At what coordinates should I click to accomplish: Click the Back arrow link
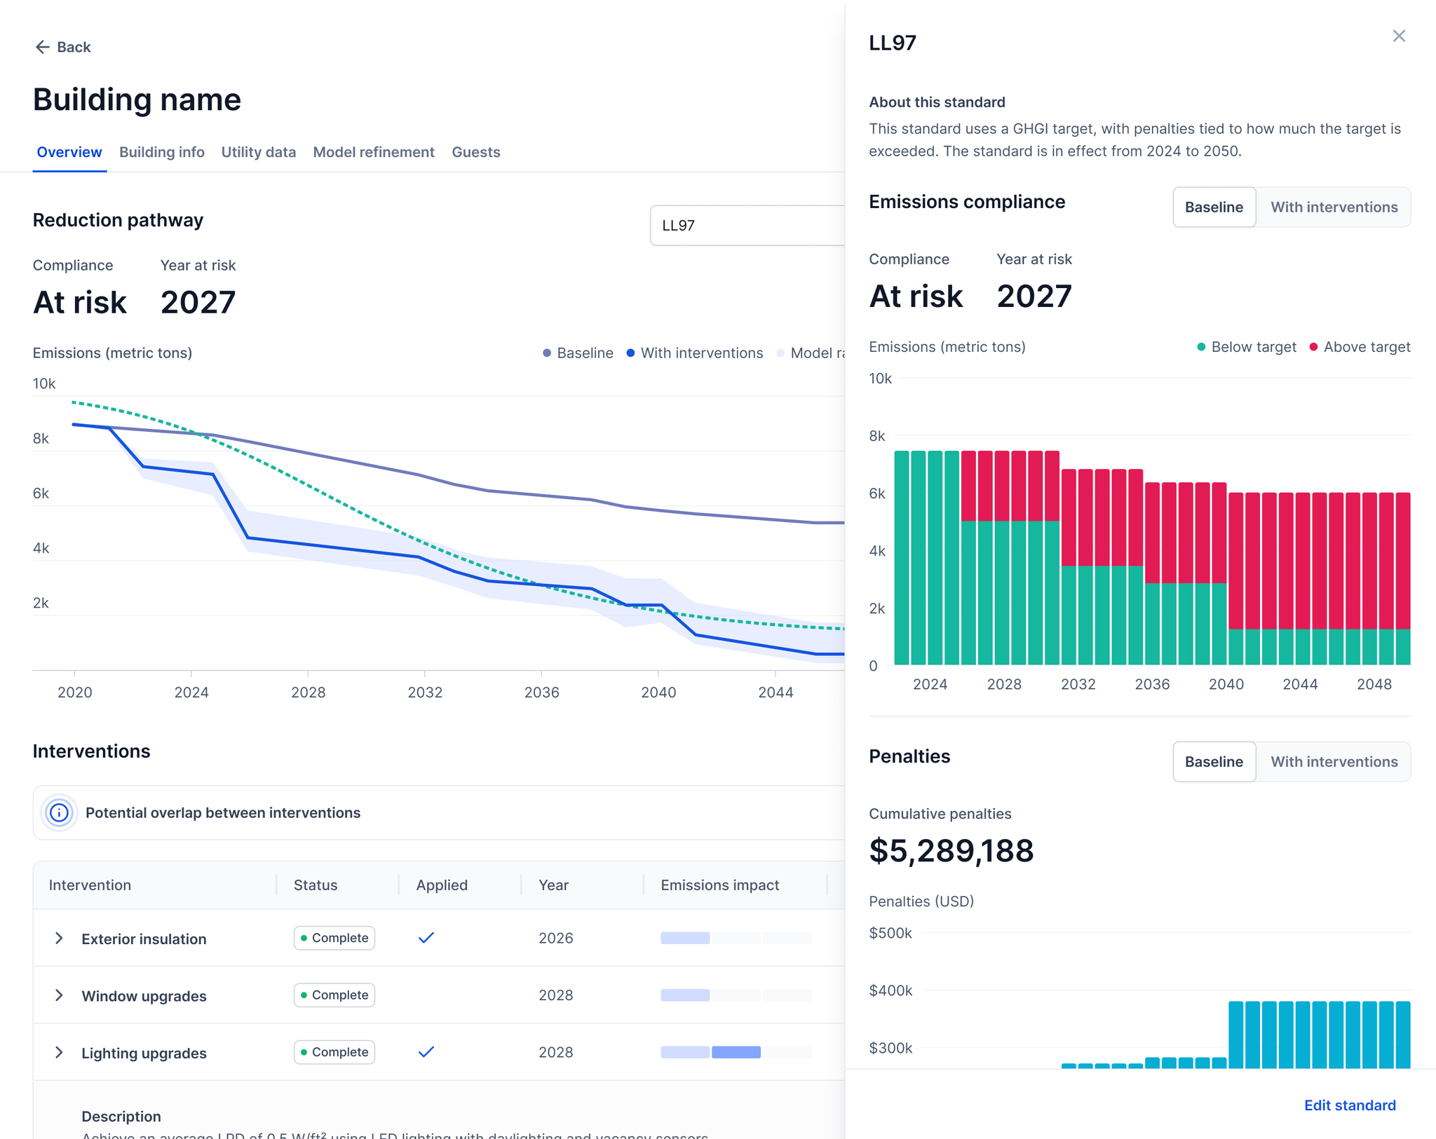[62, 47]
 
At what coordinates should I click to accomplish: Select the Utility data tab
[258, 152]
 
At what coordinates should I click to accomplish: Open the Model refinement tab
[373, 152]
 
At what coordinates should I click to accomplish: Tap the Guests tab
[475, 152]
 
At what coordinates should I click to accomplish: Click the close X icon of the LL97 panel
[1399, 36]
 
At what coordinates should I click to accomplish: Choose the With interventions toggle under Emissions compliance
[1334, 207]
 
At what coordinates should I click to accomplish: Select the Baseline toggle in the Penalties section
[1214, 762]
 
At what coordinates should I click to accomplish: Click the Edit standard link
[1349, 1105]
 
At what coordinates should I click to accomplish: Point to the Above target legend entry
[1360, 347]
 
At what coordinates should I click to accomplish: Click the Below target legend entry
[1247, 347]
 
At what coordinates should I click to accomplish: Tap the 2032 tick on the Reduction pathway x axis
[425, 693]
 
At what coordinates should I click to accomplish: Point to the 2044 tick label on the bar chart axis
[1300, 684]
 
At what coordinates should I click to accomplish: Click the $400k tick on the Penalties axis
[890, 990]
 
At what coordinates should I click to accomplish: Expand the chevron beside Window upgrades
[59, 995]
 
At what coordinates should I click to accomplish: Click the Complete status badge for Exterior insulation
[334, 938]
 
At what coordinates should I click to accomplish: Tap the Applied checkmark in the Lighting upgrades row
[426, 1051]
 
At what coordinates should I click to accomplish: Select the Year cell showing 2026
[555, 938]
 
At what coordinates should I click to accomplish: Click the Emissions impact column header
[719, 885]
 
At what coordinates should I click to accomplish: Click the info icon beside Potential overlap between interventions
[60, 812]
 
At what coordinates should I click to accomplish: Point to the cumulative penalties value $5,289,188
[951, 851]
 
